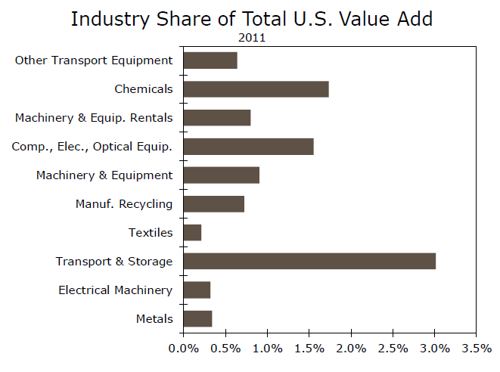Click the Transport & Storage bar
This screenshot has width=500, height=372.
click(309, 262)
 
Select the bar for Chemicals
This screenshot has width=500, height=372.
click(256, 89)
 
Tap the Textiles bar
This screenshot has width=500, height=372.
click(192, 233)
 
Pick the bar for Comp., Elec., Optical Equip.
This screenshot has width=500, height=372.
click(248, 147)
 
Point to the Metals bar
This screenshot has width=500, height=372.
click(197, 319)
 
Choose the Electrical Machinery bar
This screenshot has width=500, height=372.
click(197, 290)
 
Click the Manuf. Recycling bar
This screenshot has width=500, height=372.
click(213, 204)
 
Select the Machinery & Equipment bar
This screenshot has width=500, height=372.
click(221, 175)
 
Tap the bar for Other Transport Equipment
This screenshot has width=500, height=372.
click(210, 60)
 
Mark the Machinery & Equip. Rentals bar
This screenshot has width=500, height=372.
click(216, 118)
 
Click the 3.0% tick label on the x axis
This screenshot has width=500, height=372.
click(435, 349)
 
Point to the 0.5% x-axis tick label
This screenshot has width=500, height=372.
click(225, 349)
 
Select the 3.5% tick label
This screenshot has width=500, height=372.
click(477, 349)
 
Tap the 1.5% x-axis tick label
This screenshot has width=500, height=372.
click(309, 349)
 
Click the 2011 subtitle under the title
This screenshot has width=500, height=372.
click(251, 36)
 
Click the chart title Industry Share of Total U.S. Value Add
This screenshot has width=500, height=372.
click(251, 18)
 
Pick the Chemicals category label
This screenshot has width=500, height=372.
click(144, 89)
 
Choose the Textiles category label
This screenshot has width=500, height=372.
click(150, 233)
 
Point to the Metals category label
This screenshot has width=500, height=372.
click(154, 319)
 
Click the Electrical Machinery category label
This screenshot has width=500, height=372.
click(115, 290)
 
